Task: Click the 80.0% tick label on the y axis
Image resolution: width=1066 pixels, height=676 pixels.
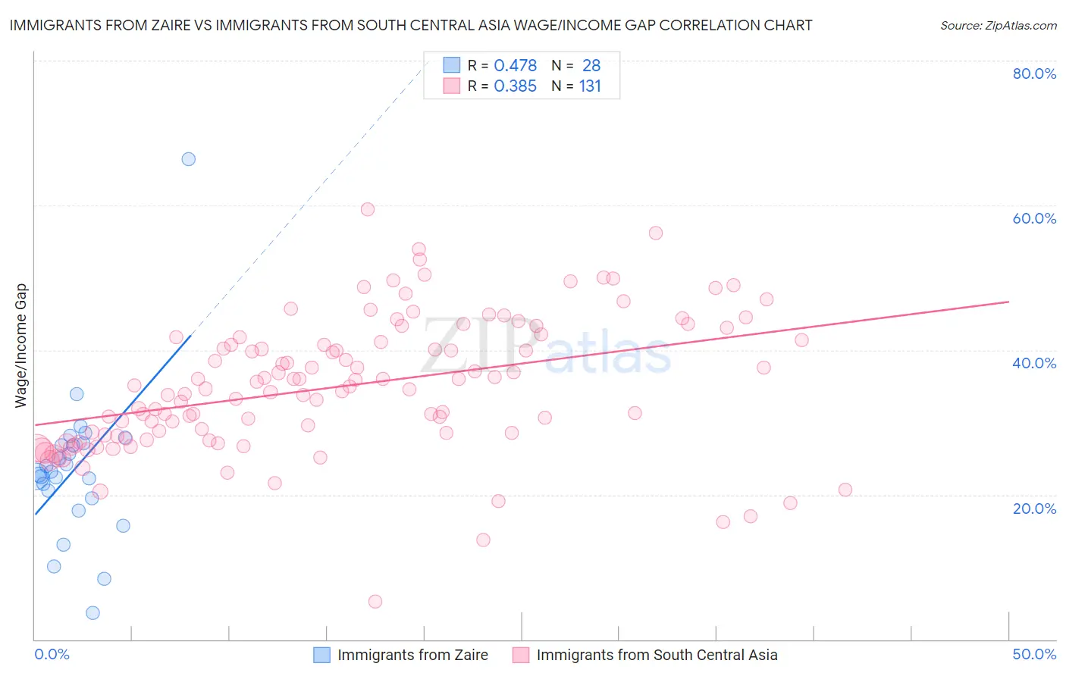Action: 1034,74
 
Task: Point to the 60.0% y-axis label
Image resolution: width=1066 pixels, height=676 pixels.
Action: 1034,218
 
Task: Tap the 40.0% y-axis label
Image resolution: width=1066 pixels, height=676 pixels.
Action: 1034,363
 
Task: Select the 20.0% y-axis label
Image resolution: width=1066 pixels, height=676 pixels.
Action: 1034,508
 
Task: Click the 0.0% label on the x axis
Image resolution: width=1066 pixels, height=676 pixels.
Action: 52,654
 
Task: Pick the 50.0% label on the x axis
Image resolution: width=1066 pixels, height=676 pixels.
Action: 1034,654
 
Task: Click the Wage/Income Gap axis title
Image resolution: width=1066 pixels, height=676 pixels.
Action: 21,346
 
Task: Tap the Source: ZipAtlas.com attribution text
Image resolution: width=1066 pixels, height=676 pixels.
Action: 998,25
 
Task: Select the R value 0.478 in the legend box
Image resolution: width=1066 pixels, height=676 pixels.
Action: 515,65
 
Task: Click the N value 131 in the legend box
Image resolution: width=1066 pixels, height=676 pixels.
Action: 590,86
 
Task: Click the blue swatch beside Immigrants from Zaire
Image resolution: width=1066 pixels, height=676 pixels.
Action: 322,655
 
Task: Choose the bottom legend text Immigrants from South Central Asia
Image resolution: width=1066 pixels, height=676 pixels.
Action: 657,655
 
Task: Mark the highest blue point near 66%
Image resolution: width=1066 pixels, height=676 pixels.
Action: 189,159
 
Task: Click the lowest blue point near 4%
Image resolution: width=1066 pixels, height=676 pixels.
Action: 92,612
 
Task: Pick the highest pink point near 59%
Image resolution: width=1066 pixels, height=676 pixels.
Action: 368,209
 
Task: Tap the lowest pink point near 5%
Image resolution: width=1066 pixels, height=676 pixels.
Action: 375,601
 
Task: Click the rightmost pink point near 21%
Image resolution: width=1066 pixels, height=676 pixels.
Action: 845,490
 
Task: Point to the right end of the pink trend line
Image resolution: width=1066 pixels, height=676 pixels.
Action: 1008,302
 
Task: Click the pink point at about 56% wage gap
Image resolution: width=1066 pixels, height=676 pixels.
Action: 656,233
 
